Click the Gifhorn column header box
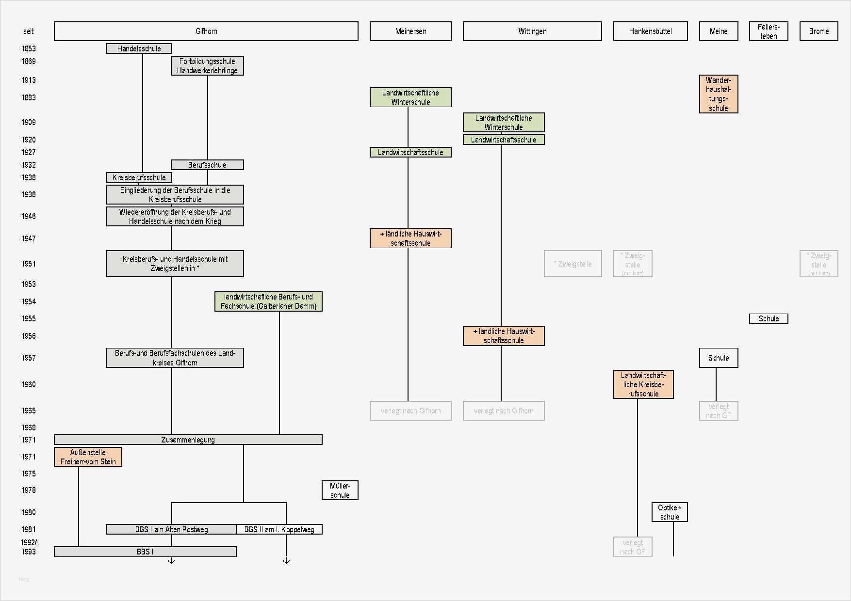(x=206, y=31)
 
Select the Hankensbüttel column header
(x=650, y=31)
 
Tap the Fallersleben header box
(x=769, y=31)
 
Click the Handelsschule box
(x=139, y=48)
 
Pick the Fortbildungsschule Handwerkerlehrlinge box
(x=207, y=66)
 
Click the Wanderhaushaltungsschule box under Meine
(x=719, y=94)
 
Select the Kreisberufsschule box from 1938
(x=139, y=177)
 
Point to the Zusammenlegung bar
(x=188, y=440)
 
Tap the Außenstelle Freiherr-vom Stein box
(x=88, y=457)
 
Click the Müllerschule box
(x=340, y=490)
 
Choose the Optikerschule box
(x=670, y=512)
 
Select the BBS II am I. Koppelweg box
(x=279, y=529)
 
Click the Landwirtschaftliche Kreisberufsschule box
(x=643, y=384)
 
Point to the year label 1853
(x=29, y=48)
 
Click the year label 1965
(x=29, y=411)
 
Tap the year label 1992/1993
(x=29, y=547)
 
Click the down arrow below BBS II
(x=286, y=561)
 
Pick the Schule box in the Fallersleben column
(x=769, y=318)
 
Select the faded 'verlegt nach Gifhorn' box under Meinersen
(x=410, y=411)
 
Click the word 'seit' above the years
(x=29, y=31)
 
